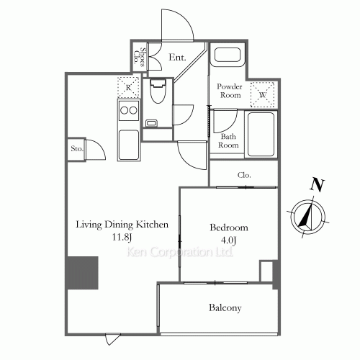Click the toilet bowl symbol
pos(158,91)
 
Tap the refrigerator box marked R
pos(128,87)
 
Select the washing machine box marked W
pos(262,94)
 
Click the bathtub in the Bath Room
pos(261,134)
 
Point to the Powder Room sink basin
pos(228,55)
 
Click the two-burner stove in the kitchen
pos(129,111)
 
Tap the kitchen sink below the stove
pos(129,145)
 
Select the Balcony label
pos(225,308)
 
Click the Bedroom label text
pos(229,228)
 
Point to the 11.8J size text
pos(122,238)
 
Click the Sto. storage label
pos(77,149)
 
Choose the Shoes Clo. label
pos(140,57)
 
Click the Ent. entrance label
pos(177,58)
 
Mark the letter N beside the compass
pos(318,185)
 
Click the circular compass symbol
pos(307,217)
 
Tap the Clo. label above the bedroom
pos(244,175)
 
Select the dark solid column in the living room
pos(82,273)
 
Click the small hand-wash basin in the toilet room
pos(151,123)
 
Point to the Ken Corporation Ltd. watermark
pos(179,252)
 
